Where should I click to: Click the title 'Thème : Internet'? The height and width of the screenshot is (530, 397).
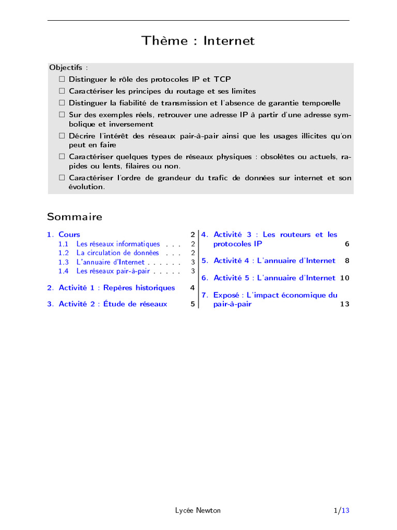click(x=198, y=41)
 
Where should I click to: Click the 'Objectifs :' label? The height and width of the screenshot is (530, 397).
click(x=69, y=67)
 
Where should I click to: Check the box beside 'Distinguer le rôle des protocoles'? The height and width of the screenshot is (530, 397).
click(x=62, y=80)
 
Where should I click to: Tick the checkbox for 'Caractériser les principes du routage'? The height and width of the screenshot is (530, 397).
click(x=62, y=91)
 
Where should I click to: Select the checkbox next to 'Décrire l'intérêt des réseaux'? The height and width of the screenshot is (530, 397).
click(x=62, y=136)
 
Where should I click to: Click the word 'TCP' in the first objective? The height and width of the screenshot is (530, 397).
click(x=223, y=80)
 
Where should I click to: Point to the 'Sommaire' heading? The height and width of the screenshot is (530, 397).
click(x=74, y=216)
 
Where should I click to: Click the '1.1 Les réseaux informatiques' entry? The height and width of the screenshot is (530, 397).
click(x=118, y=244)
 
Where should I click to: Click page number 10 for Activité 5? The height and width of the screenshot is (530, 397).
click(x=345, y=278)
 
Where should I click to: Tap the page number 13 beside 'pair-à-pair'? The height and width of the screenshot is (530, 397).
click(x=345, y=304)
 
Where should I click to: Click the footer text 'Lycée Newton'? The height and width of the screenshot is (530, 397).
click(x=198, y=510)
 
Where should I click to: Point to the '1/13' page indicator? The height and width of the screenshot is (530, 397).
click(x=342, y=510)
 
